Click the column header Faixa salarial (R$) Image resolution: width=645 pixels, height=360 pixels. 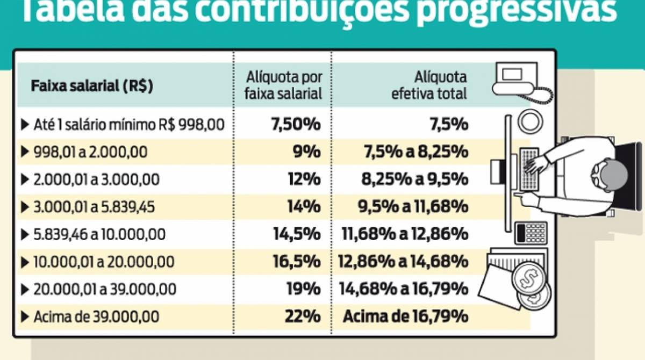92,87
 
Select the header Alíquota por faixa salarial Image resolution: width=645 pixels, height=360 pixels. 283,85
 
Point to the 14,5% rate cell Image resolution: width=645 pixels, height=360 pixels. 297,234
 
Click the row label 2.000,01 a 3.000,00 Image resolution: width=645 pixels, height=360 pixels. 96,179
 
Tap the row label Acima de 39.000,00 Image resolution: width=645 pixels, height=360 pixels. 96,317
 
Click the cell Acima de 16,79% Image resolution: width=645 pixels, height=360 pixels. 405,316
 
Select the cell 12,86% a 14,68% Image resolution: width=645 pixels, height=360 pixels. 403,262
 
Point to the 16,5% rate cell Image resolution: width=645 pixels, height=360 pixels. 297,262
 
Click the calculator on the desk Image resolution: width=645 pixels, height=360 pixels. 531,233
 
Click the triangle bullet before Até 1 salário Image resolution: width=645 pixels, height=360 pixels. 24,125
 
